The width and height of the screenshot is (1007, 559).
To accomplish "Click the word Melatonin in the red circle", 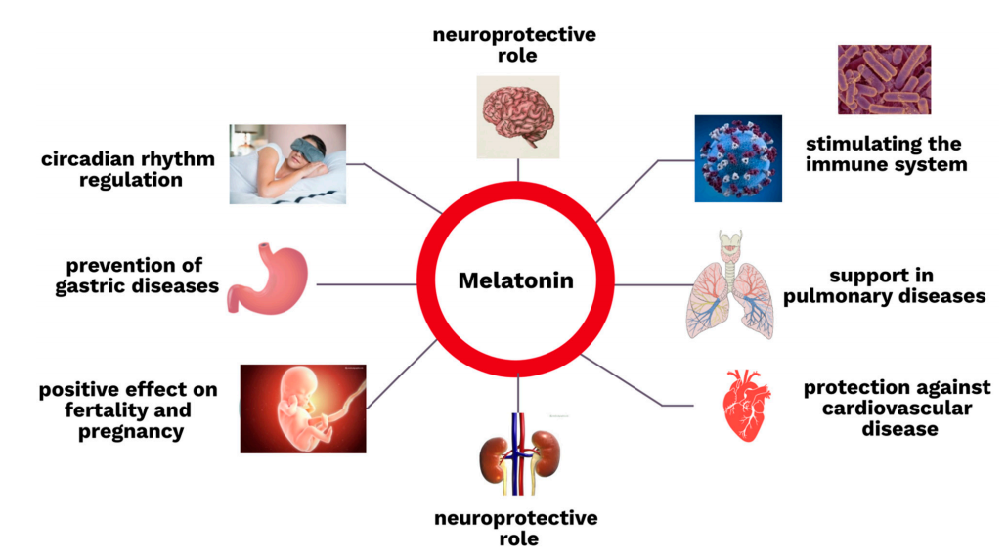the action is [515, 280].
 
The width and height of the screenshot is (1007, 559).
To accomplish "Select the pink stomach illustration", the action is [268, 279].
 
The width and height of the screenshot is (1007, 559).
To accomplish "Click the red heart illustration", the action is [746, 406].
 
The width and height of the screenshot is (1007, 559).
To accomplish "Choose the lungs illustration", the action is [730, 284].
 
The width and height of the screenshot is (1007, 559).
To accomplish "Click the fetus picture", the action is [303, 408].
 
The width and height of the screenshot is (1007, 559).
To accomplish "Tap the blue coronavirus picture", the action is [738, 158].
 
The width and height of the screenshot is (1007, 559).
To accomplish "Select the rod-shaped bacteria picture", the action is [885, 79].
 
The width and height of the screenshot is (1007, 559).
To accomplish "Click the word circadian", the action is [89, 159].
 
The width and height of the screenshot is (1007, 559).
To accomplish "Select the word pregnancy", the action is [131, 432].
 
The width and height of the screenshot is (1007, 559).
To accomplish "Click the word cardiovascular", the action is [898, 408].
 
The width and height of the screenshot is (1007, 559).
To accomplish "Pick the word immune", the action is [842, 164].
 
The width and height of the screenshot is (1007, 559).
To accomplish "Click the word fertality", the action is [106, 409].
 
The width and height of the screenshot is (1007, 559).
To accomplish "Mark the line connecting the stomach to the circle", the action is [367, 284].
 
